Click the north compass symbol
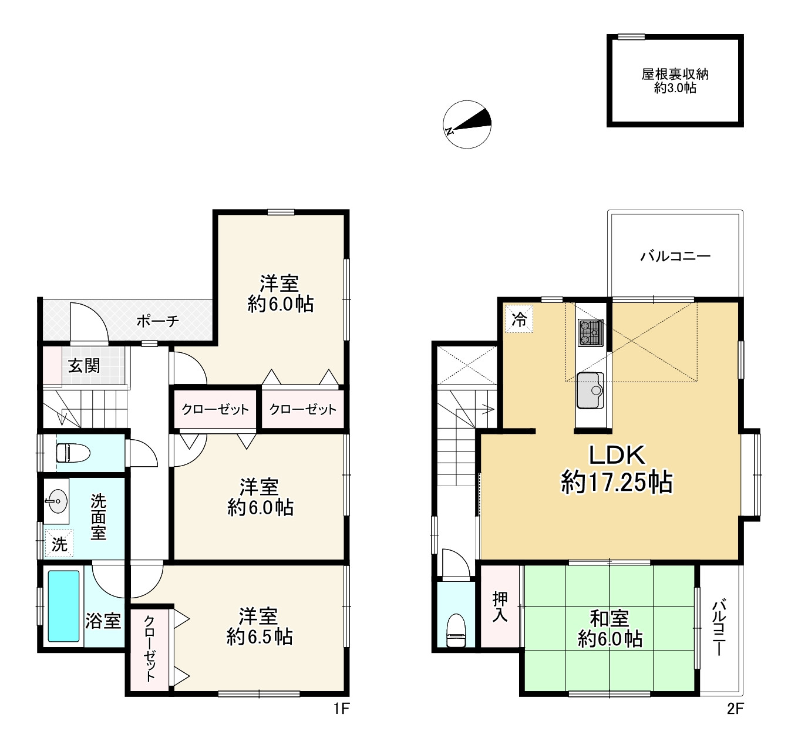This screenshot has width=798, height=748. tap(467, 124)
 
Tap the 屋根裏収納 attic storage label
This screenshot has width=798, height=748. tap(675, 75)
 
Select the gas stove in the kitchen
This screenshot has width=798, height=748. tap(590, 332)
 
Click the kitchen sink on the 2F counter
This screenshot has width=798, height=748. tap(590, 390)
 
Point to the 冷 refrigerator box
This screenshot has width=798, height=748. tap(519, 319)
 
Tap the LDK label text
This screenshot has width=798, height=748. tap(617, 454)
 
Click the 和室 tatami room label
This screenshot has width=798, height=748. tap(609, 618)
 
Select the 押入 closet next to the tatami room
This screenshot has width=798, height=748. tap(500, 607)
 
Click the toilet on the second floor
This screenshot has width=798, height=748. tap(456, 630)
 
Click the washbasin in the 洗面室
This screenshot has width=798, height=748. tap(56, 501)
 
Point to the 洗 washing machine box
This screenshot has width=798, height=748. tap(59, 544)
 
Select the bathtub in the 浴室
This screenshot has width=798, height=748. tap(63, 607)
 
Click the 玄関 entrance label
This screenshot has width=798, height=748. tap(84, 366)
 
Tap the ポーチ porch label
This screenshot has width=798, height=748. tap(157, 321)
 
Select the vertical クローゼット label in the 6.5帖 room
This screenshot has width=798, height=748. tap(149, 649)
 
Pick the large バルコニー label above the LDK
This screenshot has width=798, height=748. tap(675, 256)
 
